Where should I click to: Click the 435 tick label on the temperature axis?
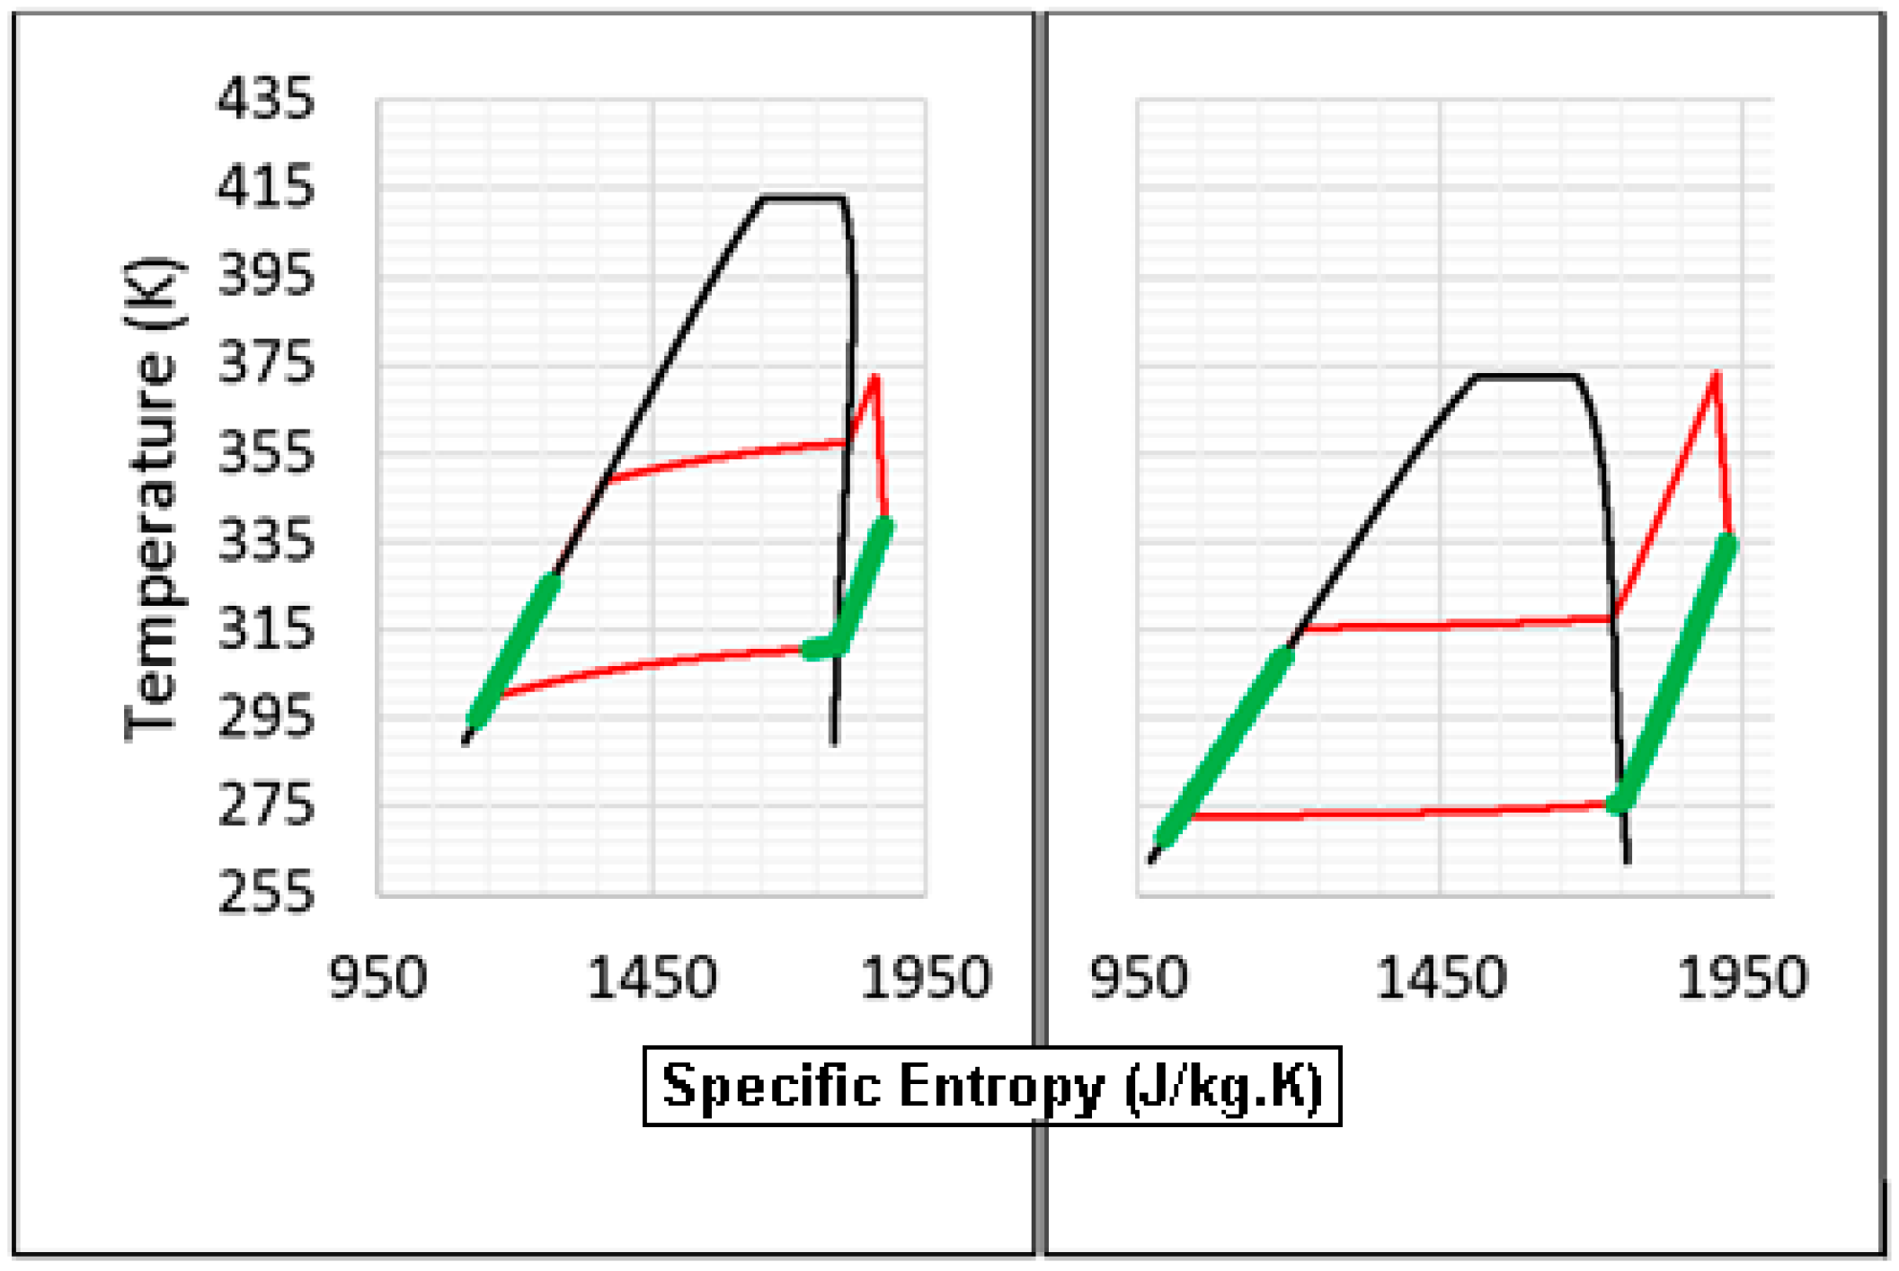(x=265, y=99)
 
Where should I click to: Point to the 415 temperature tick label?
(x=265, y=187)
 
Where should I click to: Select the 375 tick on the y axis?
(x=265, y=363)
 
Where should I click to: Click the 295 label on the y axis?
(x=265, y=716)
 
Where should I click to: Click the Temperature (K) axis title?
(x=151, y=499)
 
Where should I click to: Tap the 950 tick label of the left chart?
(x=377, y=978)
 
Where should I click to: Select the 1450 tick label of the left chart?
(x=652, y=978)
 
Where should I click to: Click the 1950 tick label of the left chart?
(x=926, y=978)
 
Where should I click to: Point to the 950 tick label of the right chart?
(x=1139, y=978)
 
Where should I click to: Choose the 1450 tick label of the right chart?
(x=1441, y=978)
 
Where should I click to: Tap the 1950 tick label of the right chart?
(x=1742, y=978)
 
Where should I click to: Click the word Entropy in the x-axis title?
(x=1000, y=1086)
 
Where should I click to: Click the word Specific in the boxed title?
(x=772, y=1086)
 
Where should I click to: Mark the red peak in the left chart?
(x=874, y=378)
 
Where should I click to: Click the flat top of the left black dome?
(x=803, y=197)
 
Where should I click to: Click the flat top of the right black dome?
(x=1526, y=376)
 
